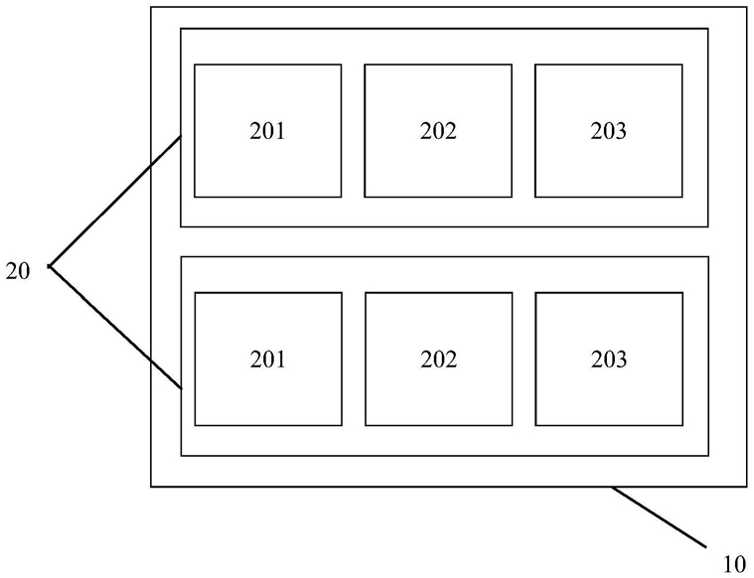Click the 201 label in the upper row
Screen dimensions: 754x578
[x=267, y=131]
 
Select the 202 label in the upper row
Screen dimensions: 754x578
[x=438, y=131]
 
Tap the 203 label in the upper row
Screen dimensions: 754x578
[x=608, y=131]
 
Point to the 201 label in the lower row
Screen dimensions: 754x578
[x=268, y=360]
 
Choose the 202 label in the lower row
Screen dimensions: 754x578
[x=438, y=360]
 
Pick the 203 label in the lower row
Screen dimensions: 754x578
[x=609, y=360]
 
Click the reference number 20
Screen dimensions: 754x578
[x=18, y=271]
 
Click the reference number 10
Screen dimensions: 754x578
[x=734, y=564]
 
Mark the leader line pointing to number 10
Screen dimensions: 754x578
[x=659, y=517]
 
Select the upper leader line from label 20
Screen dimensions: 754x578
[x=115, y=201]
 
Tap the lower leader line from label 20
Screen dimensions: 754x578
[x=115, y=327]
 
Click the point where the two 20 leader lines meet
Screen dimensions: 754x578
[x=50, y=266]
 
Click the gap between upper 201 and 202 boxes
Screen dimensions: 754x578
[x=353, y=131]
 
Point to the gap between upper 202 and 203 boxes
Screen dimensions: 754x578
[x=524, y=131]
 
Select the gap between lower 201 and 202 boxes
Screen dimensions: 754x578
[x=354, y=360]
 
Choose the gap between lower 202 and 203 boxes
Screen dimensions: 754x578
[x=524, y=360]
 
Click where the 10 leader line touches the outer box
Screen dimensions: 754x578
[x=612, y=487]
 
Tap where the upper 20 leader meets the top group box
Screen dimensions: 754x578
[x=181, y=137]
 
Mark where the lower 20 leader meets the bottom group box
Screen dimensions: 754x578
[x=181, y=388]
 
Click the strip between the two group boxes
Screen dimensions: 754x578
[x=444, y=242]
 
